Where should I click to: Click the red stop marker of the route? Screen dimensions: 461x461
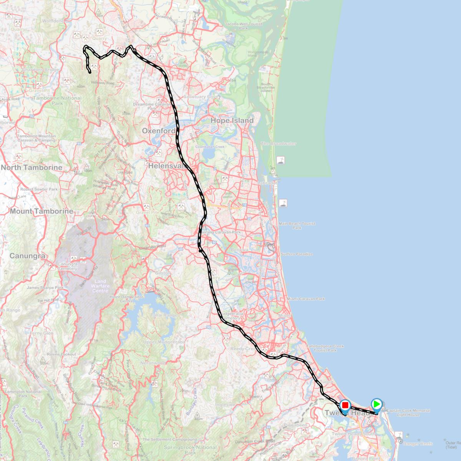click(x=345, y=405)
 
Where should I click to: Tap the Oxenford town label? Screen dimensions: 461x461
click(x=158, y=131)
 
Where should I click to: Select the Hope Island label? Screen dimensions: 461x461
click(x=232, y=121)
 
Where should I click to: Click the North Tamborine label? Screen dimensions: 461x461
click(x=32, y=167)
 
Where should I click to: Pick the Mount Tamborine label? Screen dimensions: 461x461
click(x=41, y=211)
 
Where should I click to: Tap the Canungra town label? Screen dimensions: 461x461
click(x=27, y=256)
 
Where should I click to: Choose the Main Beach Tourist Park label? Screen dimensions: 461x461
click(x=297, y=226)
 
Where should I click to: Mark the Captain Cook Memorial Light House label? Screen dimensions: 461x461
click(x=408, y=413)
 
